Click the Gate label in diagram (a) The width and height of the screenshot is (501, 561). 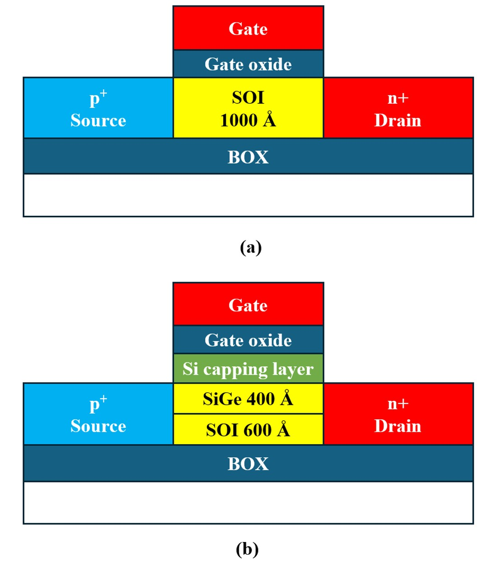(248, 29)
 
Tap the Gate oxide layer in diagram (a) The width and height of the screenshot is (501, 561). (248, 64)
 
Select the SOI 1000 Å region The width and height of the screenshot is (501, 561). (248, 108)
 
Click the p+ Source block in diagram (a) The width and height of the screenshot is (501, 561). (98, 108)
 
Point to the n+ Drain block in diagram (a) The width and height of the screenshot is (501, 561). (398, 108)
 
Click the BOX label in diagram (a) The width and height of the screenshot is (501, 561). (248, 157)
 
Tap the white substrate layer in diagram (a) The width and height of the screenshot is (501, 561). (248, 195)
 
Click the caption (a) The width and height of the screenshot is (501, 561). (251, 247)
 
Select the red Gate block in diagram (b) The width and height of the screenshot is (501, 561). (248, 305)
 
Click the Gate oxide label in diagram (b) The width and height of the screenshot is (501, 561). (248, 340)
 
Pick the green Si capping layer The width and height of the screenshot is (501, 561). (248, 369)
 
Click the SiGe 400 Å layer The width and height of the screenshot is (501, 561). (248, 399)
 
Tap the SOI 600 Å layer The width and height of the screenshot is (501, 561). (248, 430)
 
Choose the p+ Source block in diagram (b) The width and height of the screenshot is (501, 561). (98, 414)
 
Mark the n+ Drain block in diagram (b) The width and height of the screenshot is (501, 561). (398, 414)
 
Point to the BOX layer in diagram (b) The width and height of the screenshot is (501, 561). (248, 464)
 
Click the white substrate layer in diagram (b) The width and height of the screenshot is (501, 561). (248, 502)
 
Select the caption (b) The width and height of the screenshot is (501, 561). (247, 549)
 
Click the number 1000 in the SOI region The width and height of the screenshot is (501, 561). (239, 121)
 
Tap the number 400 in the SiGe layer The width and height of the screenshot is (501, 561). (261, 399)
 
